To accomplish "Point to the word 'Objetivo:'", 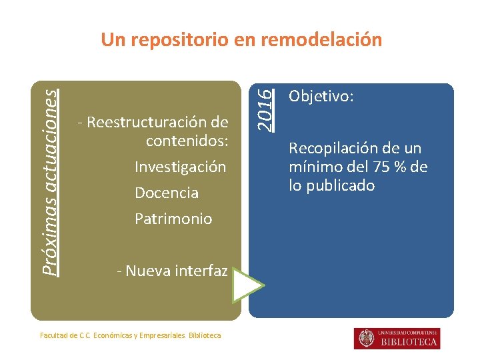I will [x=321, y=97].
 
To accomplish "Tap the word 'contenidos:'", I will [x=187, y=141].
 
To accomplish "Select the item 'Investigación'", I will [x=180, y=167].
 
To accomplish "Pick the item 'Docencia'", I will [x=167, y=193].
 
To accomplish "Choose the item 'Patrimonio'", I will [x=173, y=219].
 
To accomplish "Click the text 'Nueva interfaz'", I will [x=176, y=271].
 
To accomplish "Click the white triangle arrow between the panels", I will [x=247, y=287].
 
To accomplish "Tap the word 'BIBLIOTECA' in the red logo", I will [x=409, y=342].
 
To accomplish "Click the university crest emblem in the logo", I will [x=366, y=339].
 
